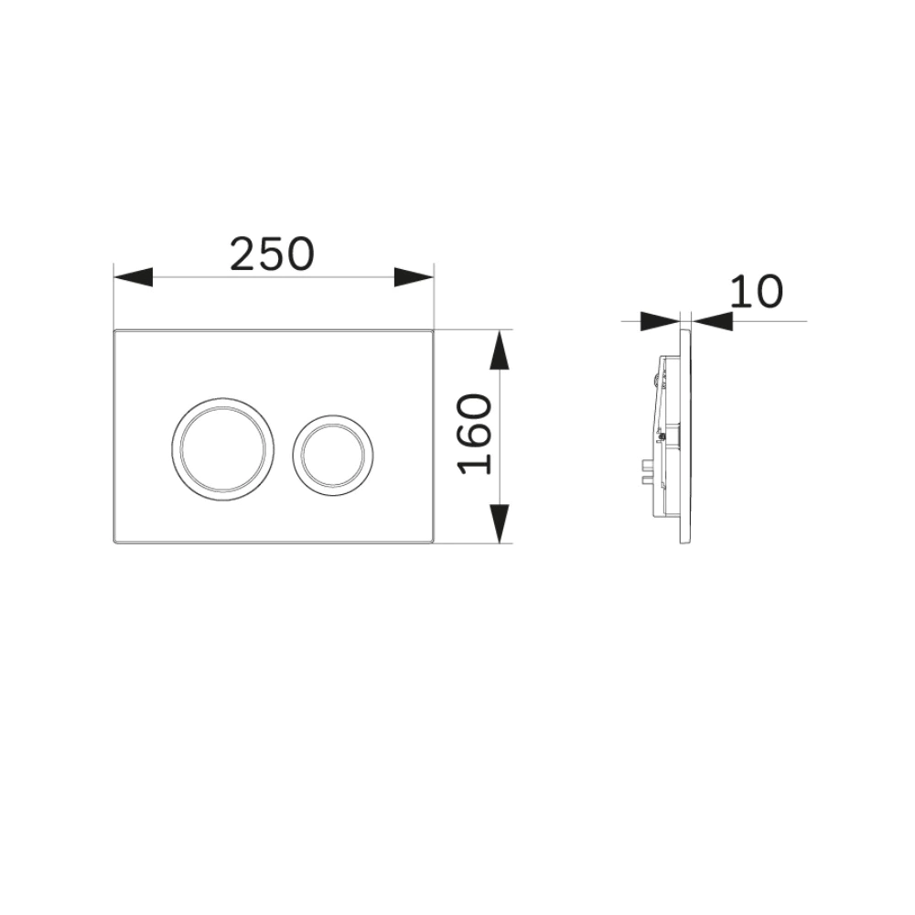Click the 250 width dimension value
tap(272, 254)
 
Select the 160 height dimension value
tap(474, 434)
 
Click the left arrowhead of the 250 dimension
tap(133, 277)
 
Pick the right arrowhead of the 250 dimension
tap(414, 277)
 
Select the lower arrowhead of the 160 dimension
tap(499, 523)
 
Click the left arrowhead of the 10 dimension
tap(660, 321)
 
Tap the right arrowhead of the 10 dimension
tap(712, 321)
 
